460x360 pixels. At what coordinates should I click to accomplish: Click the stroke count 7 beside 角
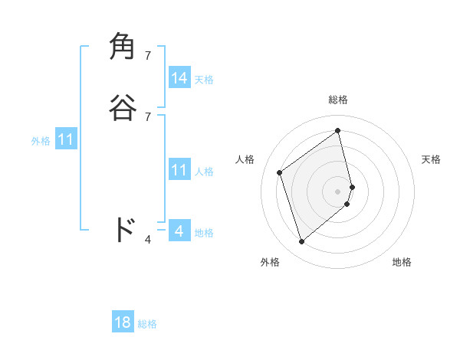[x=148, y=56]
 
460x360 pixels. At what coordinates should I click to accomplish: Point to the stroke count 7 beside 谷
[x=148, y=116]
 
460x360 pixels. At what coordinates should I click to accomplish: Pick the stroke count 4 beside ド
[x=148, y=240]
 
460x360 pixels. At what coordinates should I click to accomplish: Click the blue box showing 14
[x=179, y=78]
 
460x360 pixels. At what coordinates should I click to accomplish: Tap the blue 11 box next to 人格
[x=179, y=170]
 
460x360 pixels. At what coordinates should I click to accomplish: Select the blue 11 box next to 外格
[x=66, y=139]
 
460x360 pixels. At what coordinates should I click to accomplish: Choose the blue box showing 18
[x=123, y=322]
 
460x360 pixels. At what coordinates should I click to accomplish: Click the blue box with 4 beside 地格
[x=179, y=231]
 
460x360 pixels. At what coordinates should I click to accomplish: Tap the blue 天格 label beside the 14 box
[x=204, y=80]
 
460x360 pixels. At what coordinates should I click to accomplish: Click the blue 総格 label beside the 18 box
[x=147, y=324]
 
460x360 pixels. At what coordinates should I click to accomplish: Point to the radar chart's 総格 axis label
[x=338, y=100]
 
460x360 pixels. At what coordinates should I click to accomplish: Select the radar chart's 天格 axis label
[x=431, y=159]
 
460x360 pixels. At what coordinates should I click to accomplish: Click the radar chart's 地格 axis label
[x=402, y=262]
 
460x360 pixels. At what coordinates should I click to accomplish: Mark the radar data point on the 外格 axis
[x=301, y=242]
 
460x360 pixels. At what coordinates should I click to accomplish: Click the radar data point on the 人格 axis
[x=280, y=172]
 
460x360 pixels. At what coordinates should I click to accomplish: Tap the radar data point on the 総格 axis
[x=338, y=131]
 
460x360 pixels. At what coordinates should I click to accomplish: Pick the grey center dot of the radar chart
[x=338, y=191]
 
